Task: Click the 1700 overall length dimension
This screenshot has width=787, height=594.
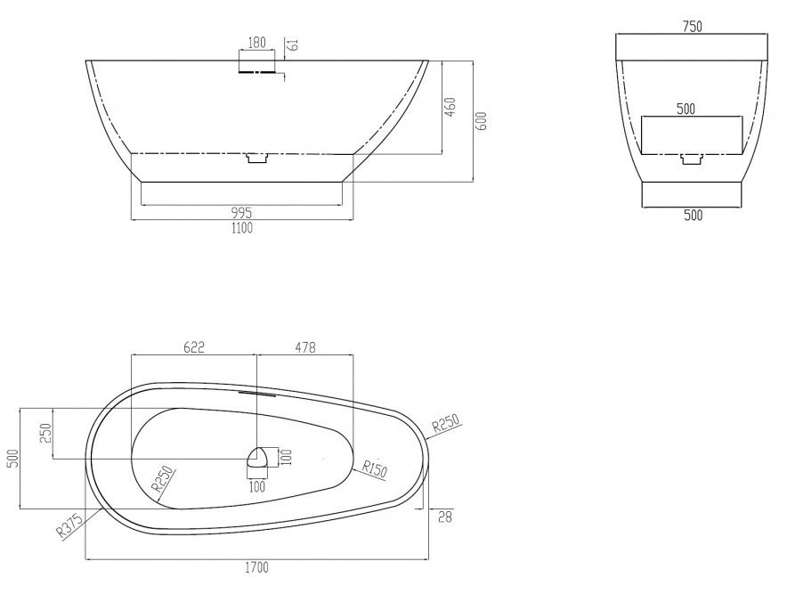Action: tap(256, 568)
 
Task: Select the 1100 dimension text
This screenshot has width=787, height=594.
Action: tap(242, 229)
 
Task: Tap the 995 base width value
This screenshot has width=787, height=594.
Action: tap(241, 213)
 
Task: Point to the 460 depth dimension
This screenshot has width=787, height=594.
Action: tap(450, 107)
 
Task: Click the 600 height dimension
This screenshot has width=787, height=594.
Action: tap(481, 121)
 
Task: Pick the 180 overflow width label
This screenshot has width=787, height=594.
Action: tap(256, 42)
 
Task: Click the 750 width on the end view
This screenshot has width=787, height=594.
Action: tap(692, 26)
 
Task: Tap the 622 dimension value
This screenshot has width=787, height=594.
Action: tap(194, 347)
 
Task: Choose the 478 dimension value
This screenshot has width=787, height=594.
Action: tap(305, 347)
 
